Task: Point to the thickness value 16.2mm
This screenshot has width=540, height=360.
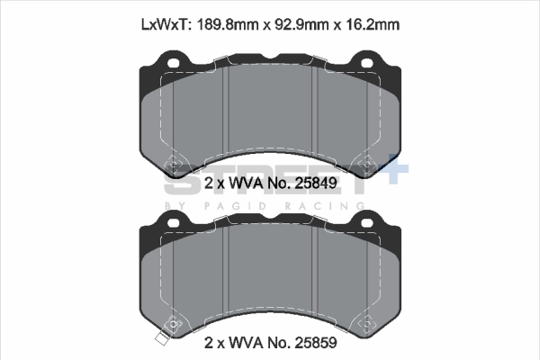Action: tap(367, 26)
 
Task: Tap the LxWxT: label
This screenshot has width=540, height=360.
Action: tap(166, 26)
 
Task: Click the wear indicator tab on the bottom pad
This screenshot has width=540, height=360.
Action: tap(162, 339)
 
